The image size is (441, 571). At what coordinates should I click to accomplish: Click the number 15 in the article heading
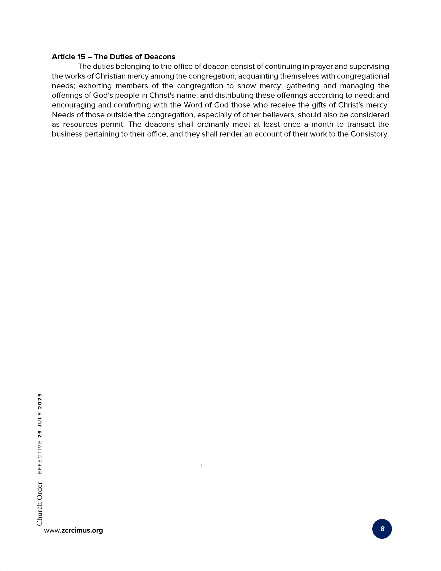(81, 57)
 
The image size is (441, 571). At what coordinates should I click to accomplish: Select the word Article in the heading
(63, 57)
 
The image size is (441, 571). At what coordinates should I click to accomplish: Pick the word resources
(80, 124)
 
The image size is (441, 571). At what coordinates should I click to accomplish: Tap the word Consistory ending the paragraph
(369, 134)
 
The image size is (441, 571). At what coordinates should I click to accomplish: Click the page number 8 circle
(382, 529)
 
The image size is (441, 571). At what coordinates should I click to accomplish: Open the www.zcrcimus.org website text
(73, 530)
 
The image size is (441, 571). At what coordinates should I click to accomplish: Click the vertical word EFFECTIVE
(40, 457)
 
